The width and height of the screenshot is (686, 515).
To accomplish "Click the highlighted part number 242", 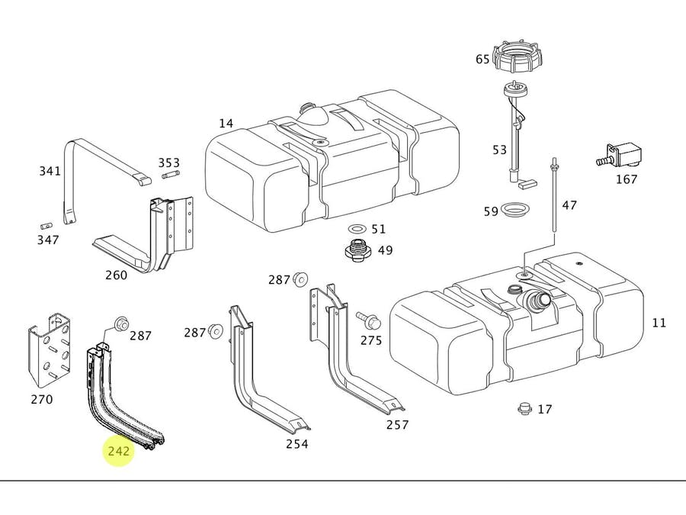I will (119, 451).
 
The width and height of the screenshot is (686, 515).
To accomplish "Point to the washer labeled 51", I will (356, 229).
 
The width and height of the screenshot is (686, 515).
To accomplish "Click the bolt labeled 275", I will (365, 316).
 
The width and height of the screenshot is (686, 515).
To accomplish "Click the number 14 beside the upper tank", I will (226, 124).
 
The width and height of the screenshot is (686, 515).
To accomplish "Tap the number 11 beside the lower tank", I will (659, 323).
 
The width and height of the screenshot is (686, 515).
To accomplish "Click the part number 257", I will (396, 425).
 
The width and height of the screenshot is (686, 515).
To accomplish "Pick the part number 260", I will (116, 275).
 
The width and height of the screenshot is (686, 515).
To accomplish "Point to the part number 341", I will (50, 171).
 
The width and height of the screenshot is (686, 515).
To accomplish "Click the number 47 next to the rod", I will (569, 204).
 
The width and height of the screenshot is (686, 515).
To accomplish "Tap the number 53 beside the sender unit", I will (499, 150).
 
